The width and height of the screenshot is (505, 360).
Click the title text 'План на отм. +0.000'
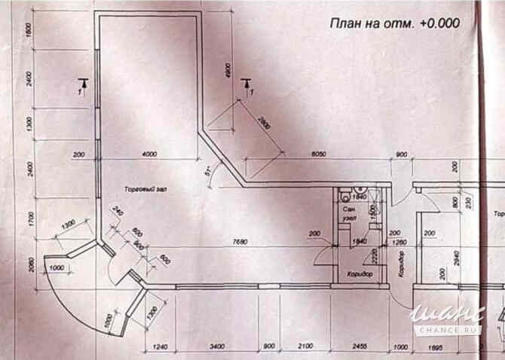(x=394, y=23)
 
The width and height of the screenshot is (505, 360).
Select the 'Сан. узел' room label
(x=349, y=212)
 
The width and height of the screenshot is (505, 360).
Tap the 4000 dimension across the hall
(x=149, y=154)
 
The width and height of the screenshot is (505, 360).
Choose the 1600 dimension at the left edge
(x=27, y=31)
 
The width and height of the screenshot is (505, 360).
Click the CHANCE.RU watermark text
(x=456, y=329)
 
